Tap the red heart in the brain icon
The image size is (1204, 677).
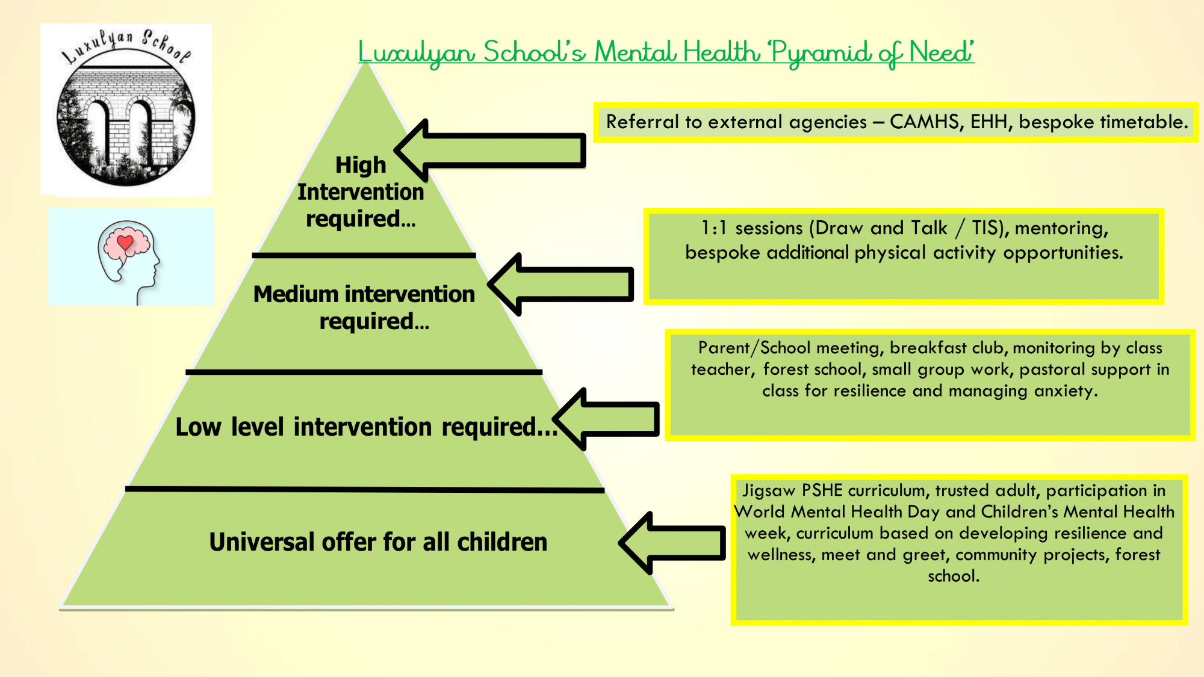[125, 243]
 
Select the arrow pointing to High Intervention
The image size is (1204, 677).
[491, 150]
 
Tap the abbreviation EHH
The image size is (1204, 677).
[988, 122]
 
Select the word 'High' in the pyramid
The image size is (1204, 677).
[361, 165]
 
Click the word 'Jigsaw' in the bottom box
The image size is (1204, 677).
[768, 491]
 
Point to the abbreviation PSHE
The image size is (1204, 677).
[822, 490]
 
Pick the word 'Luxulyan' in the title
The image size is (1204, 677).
[417, 53]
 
